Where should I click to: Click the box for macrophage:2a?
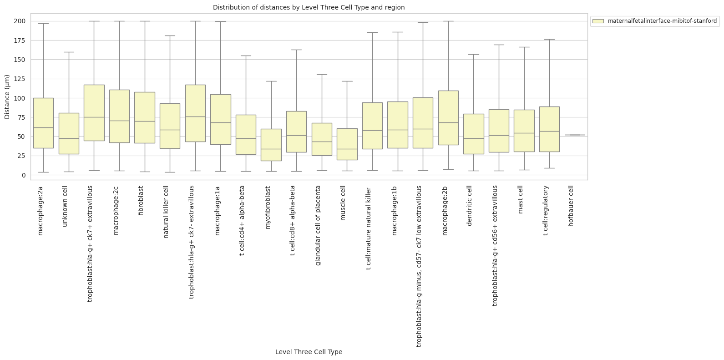coord(43,123)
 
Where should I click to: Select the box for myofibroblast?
coord(271,145)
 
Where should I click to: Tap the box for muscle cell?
coord(347,144)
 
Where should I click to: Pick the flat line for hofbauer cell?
coord(575,135)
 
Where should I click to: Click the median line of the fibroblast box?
coord(145,122)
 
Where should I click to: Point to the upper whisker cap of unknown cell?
coord(69,52)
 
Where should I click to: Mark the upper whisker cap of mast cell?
coord(524,47)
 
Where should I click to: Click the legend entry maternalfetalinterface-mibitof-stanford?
coord(662,21)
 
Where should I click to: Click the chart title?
coord(309,7)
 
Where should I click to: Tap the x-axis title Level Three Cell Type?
coord(309,352)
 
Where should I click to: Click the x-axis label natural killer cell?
coord(166,212)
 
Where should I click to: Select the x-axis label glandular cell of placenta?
coord(318,225)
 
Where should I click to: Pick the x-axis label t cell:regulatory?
coord(546,210)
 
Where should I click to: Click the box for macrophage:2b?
coord(448,118)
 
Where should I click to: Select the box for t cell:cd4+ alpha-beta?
coord(246,135)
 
